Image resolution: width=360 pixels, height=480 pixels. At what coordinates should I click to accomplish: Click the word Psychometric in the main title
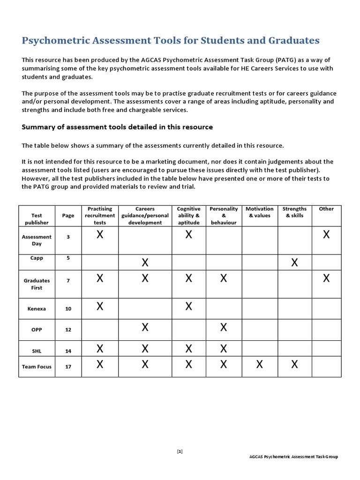54,40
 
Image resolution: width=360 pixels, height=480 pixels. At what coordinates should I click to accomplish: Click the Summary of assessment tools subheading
117,127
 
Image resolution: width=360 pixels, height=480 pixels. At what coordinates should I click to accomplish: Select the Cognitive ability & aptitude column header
188,216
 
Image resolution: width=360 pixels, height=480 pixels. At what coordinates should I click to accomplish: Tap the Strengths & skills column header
294,212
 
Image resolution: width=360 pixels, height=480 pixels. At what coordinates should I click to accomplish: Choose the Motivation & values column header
260,212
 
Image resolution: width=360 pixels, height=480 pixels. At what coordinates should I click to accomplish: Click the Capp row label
37,258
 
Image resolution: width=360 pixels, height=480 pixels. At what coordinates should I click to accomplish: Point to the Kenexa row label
37,309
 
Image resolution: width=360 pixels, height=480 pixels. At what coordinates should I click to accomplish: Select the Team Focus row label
37,367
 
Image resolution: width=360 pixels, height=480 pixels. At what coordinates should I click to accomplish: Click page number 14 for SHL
68,350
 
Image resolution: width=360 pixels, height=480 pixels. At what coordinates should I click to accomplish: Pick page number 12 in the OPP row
68,330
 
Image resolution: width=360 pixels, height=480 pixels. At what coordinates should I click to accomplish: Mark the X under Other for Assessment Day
326,235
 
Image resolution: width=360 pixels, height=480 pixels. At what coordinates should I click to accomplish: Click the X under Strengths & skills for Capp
294,262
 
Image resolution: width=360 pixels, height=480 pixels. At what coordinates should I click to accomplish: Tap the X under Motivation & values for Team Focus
260,364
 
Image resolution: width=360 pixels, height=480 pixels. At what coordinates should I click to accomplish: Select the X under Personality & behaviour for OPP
224,328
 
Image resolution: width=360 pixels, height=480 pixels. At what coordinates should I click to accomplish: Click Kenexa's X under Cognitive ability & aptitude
188,307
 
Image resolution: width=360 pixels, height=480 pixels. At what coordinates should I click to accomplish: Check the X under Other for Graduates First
326,278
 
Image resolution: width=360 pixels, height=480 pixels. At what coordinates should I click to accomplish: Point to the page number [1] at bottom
180,451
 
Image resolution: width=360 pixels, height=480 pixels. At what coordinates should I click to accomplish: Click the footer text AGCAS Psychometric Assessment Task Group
293,457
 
